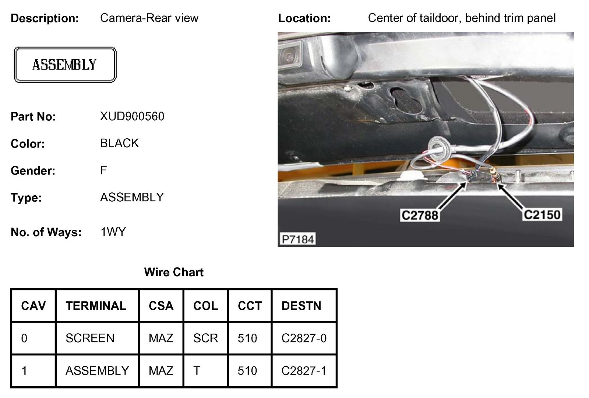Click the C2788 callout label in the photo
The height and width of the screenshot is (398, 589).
coord(420,215)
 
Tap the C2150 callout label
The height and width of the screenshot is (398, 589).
coord(542,214)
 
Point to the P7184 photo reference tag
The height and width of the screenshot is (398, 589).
coord(297,239)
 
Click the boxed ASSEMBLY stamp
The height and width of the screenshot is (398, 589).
coord(65,65)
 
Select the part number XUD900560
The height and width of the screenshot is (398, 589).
coord(132,117)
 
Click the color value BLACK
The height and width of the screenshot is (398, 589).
coord(119,143)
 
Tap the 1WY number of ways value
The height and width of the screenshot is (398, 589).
coord(113,232)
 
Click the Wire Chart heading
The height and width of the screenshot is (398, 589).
coord(174,272)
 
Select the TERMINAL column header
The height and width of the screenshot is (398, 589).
coord(96,306)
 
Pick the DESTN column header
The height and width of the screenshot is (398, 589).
coord(301,306)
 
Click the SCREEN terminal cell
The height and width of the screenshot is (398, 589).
coord(90,338)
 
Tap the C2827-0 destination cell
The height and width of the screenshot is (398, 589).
coord(304,338)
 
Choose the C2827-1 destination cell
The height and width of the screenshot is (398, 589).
coord(304,370)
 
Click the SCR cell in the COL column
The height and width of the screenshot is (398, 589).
coord(205,338)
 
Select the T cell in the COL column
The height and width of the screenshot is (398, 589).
coord(197,370)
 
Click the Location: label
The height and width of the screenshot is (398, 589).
coord(304,18)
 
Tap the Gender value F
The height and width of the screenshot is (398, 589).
coord(103,170)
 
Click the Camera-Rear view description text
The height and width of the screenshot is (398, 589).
coord(149,18)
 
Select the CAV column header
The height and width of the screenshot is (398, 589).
coord(33,306)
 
